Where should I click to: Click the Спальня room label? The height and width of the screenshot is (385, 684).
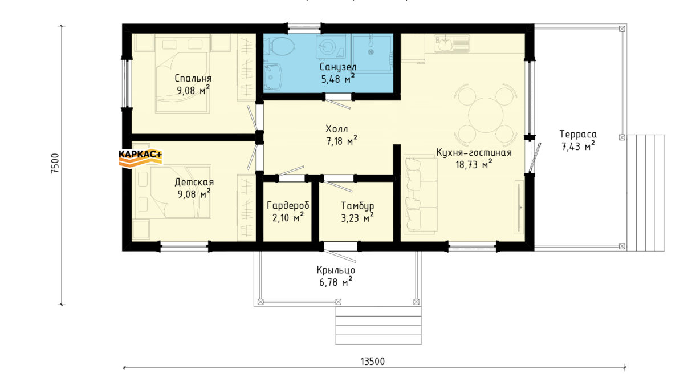click(193, 78)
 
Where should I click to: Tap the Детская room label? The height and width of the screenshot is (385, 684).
click(194, 182)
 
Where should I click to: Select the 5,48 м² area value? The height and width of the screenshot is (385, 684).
click(337, 79)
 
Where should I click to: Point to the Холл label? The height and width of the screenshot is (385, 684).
click(336, 129)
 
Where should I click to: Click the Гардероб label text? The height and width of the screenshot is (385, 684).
click(288, 206)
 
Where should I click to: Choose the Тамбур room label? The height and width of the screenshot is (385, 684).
click(357, 206)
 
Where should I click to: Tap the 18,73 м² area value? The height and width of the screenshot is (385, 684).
click(474, 164)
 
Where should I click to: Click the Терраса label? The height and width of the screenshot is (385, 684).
click(578, 134)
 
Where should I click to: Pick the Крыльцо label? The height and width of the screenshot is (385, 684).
click(336, 270)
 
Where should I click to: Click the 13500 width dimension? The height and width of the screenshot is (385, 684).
click(373, 362)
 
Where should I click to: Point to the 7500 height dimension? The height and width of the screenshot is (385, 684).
click(55, 164)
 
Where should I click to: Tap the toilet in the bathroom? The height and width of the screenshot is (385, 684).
click(279, 46)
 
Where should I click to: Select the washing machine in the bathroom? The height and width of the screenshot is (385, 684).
click(331, 46)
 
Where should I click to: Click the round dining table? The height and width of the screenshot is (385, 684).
click(486, 115)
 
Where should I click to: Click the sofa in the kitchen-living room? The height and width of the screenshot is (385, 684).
click(421, 194)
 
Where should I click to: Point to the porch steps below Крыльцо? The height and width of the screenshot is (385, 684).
click(378, 326)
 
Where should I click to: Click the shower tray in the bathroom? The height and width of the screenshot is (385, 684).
click(371, 53)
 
